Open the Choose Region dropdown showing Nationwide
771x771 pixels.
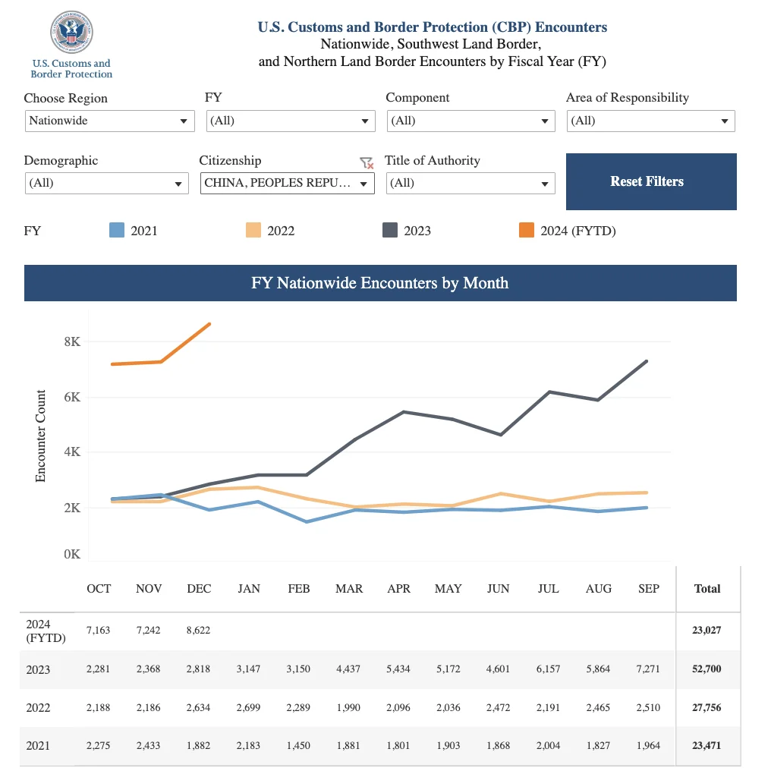(109, 121)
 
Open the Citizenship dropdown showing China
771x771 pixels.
(287, 184)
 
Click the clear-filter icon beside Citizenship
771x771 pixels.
(367, 162)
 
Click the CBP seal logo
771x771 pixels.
(71, 32)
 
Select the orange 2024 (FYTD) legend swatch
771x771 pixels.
(526, 230)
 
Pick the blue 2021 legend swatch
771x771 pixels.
(117, 230)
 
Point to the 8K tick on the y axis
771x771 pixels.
(72, 341)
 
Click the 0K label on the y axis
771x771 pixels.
(72, 554)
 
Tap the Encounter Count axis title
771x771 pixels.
(40, 436)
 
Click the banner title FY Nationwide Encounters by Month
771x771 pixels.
(380, 283)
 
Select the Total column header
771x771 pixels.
(707, 589)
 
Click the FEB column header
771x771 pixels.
(299, 589)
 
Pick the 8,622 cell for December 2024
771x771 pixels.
(198, 631)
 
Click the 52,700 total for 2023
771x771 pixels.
(706, 669)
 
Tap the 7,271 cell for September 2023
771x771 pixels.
(648, 669)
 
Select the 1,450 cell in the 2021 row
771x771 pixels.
(298, 745)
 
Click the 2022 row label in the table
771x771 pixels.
(38, 707)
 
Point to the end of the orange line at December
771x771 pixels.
(210, 324)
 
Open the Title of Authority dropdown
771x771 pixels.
(470, 184)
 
